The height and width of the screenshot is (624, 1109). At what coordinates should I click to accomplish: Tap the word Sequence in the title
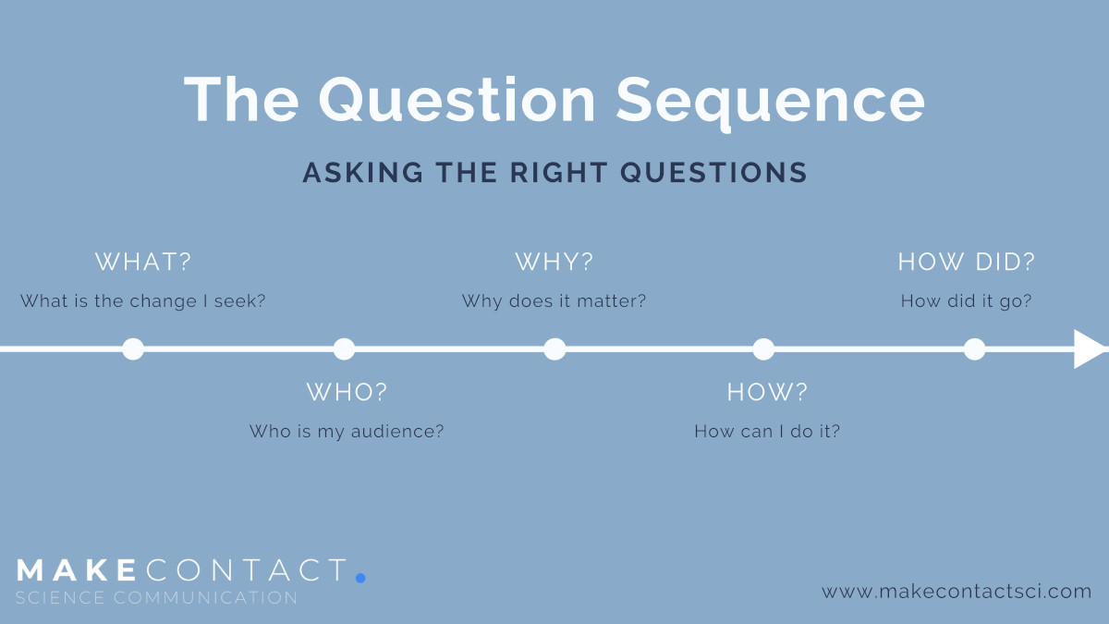tap(771, 104)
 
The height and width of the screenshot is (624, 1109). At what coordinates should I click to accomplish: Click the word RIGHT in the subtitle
tap(559, 172)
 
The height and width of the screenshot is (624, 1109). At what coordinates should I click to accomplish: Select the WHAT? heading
tap(143, 262)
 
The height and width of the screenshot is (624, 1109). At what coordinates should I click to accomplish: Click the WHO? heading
tap(347, 392)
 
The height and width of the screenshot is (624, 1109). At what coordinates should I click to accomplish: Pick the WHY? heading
tap(554, 262)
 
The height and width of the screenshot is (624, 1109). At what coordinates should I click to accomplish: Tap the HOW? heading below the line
tap(767, 392)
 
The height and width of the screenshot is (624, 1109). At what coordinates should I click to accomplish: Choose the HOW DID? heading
tap(967, 262)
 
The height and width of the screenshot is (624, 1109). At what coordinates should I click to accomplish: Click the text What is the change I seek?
tap(143, 301)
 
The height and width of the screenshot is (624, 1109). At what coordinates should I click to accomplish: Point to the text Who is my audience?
tap(347, 432)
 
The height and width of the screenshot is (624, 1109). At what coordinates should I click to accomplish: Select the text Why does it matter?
tap(554, 301)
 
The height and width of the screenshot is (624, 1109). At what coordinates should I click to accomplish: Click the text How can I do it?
tap(767, 432)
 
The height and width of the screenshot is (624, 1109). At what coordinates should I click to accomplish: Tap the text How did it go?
tap(967, 301)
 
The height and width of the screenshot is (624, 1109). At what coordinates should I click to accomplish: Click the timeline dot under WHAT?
tap(133, 349)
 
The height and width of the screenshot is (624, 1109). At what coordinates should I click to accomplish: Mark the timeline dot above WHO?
tap(344, 349)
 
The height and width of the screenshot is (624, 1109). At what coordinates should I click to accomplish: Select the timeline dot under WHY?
tap(555, 349)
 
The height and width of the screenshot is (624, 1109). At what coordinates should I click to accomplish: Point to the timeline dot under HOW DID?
tap(975, 349)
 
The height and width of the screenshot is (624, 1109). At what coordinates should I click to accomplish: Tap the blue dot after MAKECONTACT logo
tap(360, 578)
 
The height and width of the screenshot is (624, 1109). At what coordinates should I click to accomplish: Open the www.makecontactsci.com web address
tap(957, 592)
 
